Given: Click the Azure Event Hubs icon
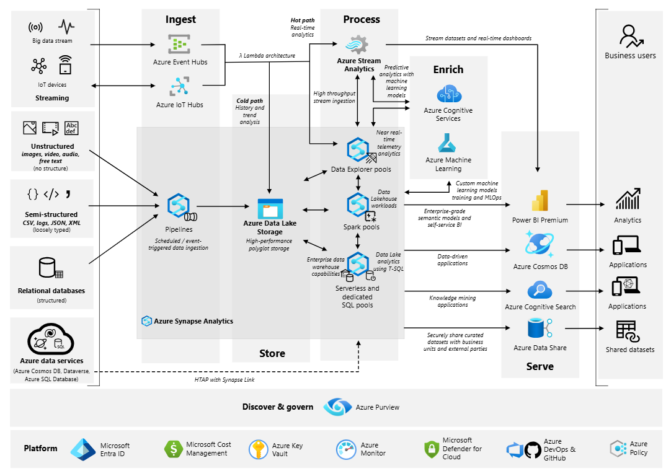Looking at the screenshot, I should point(180,44).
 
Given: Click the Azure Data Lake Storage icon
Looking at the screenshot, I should point(270,208).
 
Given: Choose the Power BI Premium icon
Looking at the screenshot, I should point(540,201).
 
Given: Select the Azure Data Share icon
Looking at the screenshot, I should point(540,329).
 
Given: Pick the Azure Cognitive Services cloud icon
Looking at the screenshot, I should point(448,94).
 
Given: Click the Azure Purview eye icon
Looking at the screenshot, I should point(338,407).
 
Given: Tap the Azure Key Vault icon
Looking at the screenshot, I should point(258,449).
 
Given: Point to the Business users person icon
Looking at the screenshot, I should point(630,36).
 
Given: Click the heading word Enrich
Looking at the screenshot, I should point(448,69).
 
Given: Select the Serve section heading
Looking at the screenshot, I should point(540,366).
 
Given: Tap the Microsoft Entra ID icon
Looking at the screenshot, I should point(82,449).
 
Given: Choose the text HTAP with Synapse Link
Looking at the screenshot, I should point(220,379).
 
